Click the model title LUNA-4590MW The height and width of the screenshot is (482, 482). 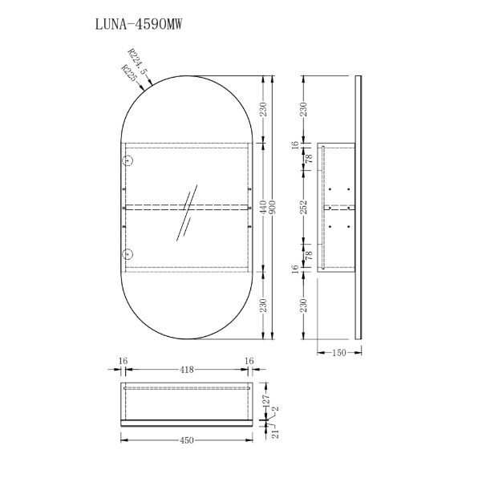(x=139, y=24)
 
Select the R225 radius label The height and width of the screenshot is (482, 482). (x=129, y=72)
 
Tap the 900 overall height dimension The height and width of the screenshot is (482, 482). (x=273, y=207)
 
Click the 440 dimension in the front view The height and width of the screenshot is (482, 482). (x=263, y=207)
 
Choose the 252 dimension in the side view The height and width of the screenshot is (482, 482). (x=304, y=207)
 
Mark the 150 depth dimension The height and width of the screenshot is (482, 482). (x=339, y=353)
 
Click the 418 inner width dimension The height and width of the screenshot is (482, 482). (x=187, y=369)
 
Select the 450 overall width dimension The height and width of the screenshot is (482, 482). (x=187, y=440)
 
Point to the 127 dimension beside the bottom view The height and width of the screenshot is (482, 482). (x=266, y=400)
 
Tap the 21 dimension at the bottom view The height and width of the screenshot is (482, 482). (x=275, y=434)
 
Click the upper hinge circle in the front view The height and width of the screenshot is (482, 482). (x=128, y=160)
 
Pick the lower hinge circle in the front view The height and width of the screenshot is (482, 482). (x=128, y=254)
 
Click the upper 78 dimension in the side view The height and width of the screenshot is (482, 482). (x=309, y=159)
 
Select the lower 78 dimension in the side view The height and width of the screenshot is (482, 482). (x=309, y=255)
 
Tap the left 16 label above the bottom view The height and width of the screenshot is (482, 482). (x=123, y=361)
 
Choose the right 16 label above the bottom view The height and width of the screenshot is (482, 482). (x=249, y=361)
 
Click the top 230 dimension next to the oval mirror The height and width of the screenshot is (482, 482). (x=263, y=109)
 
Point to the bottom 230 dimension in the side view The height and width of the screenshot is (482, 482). (x=304, y=306)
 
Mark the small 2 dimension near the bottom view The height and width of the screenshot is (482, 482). (x=276, y=409)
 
